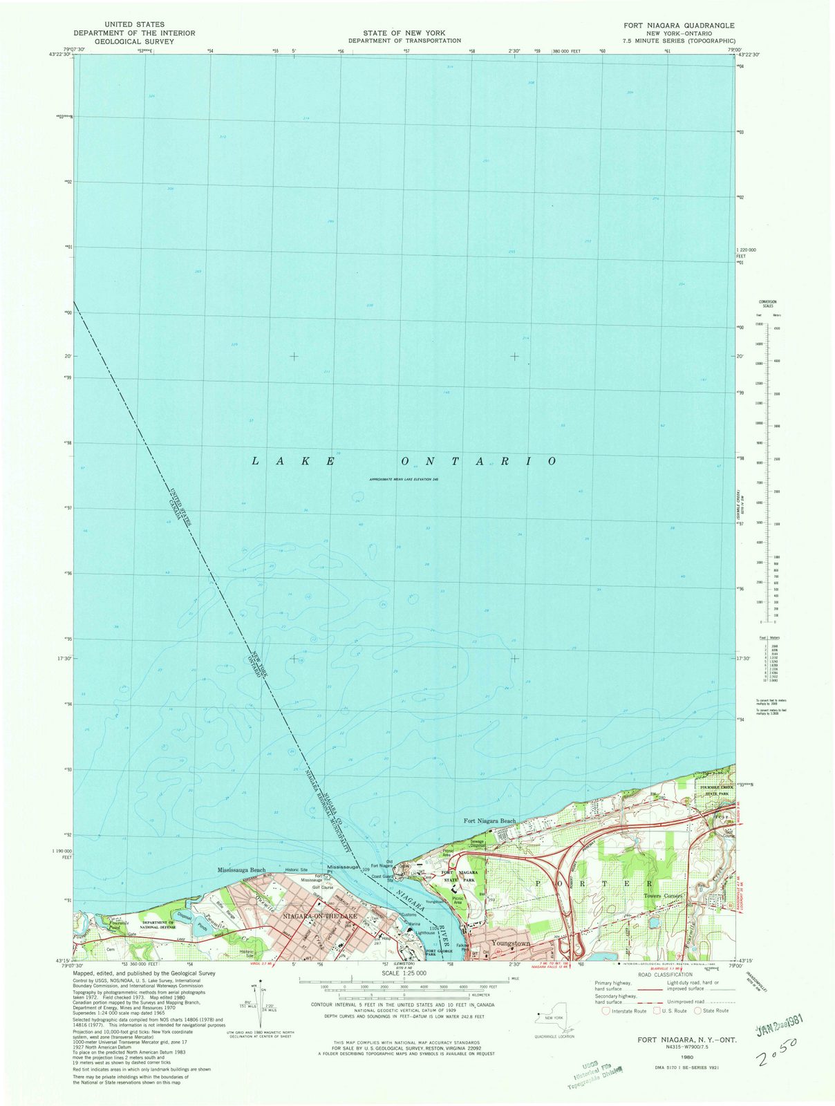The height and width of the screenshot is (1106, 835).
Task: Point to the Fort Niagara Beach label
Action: click(x=490, y=821)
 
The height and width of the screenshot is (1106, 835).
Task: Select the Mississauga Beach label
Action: click(x=241, y=870)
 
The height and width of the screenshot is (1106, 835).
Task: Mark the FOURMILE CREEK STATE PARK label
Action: click(x=713, y=791)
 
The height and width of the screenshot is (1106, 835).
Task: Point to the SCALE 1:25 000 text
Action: click(x=405, y=974)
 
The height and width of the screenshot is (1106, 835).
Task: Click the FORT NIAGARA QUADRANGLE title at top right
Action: click(x=679, y=25)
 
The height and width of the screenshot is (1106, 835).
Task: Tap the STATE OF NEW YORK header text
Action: click(x=404, y=33)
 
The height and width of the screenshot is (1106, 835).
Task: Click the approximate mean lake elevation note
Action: click(x=404, y=479)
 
